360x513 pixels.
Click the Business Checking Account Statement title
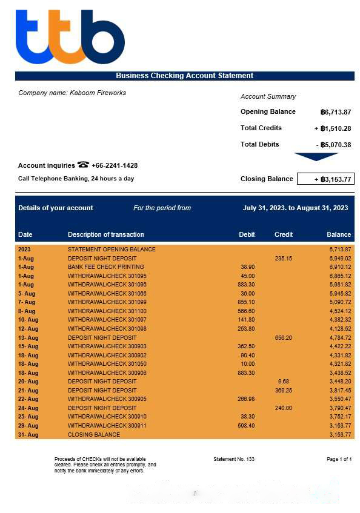[184, 76]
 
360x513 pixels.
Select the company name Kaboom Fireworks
[72, 93]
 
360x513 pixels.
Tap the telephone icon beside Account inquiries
[83, 165]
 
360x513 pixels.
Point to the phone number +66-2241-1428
[115, 165]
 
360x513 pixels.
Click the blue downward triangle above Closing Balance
[316, 157]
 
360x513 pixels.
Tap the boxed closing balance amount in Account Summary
[325, 179]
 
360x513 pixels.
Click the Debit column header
[247, 234]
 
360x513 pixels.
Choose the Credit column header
[283, 234]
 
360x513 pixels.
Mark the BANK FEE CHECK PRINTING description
[105, 266]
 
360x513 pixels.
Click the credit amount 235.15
[283, 258]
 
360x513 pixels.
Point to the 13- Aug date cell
[28, 337]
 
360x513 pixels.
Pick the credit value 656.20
[283, 337]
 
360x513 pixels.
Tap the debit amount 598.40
[247, 426]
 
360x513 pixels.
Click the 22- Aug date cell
[28, 399]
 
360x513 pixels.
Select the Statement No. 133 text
[234, 459]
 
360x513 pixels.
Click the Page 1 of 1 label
[339, 459]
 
